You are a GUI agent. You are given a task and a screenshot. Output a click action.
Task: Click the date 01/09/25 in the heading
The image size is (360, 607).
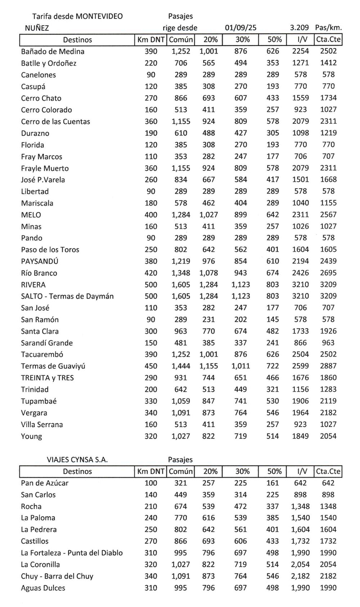(240, 28)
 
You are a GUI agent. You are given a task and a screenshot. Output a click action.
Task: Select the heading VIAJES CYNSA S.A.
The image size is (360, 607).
(77, 459)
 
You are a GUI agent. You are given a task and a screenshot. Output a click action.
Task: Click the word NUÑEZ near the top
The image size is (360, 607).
(37, 28)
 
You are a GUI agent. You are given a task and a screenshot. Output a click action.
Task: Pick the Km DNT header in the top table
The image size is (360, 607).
(150, 40)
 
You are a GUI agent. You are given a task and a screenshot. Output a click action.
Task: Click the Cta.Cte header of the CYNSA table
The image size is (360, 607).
(328, 471)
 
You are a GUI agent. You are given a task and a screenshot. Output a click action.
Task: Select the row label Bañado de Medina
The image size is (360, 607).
(53, 51)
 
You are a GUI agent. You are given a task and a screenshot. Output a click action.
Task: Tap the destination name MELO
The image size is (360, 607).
(31, 215)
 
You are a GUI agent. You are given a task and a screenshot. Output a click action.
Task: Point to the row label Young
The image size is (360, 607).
(31, 436)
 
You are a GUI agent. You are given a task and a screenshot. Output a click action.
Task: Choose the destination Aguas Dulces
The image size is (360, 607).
(43, 588)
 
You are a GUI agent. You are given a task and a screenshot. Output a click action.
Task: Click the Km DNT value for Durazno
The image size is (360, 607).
(151, 133)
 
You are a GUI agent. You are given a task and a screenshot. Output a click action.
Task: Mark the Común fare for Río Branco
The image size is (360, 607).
(181, 273)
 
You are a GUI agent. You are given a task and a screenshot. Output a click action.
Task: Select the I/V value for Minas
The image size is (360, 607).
(300, 226)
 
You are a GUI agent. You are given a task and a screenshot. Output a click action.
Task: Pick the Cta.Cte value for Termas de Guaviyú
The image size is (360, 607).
(328, 366)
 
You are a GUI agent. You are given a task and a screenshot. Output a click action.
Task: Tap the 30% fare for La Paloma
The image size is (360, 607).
(240, 518)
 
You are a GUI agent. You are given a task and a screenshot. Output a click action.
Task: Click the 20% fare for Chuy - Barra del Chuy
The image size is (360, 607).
(209, 576)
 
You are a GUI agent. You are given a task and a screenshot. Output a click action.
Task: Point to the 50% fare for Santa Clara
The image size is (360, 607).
(273, 331)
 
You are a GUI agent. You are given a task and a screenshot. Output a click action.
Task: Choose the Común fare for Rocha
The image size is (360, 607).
(181, 506)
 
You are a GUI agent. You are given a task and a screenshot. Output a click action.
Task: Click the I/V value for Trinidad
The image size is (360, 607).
(300, 389)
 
